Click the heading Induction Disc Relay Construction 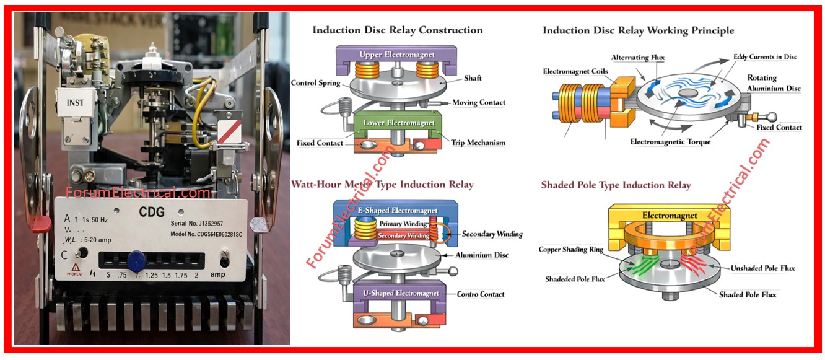pos(397,30)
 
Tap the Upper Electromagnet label pos(397,55)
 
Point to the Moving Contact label pos(478,103)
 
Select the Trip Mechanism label pos(478,143)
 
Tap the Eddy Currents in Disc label pos(765,57)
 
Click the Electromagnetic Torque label pos(670,142)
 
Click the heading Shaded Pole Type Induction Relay pos(616,185)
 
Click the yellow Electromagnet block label pos(669,216)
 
